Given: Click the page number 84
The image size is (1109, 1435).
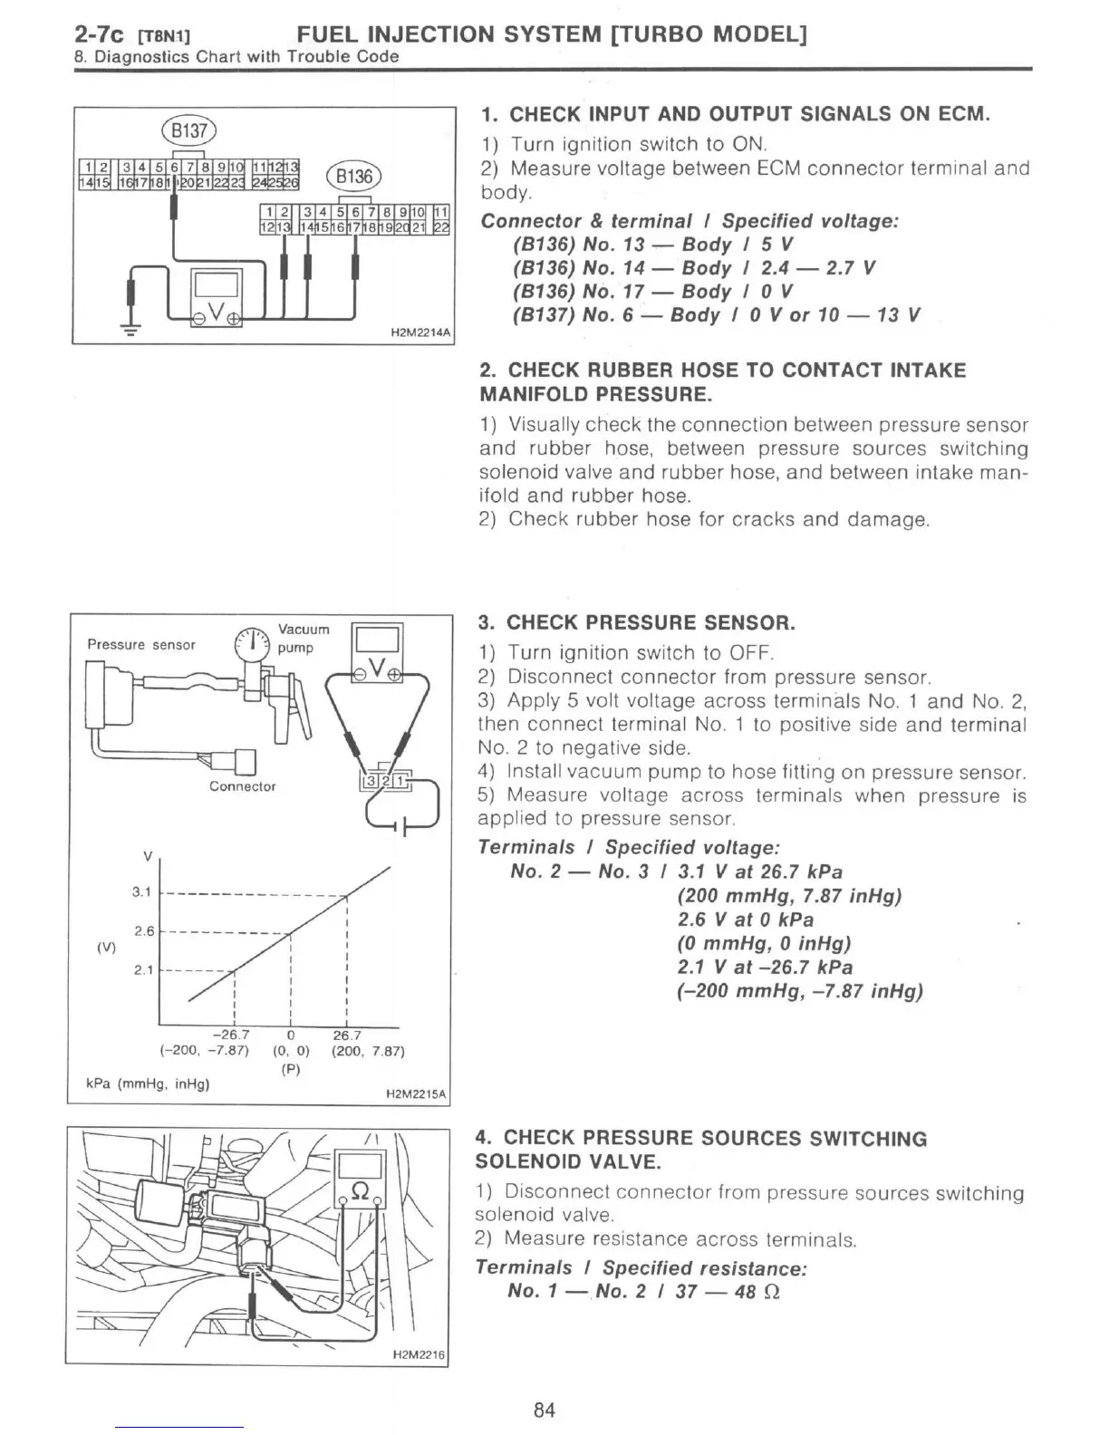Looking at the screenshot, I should tap(544, 1410).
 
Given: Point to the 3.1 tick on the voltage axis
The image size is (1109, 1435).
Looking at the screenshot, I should tap(141, 891).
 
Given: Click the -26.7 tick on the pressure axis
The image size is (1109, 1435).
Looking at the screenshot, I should tap(230, 1035).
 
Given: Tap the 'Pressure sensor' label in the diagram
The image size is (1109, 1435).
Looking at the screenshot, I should tap(140, 645).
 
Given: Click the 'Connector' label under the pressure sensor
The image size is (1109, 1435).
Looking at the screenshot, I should tap(242, 786).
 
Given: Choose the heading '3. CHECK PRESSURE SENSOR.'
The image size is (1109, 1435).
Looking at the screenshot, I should tap(637, 622).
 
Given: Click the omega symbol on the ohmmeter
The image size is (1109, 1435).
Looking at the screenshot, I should tap(360, 1193).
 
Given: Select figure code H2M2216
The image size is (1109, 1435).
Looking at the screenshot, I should tap(419, 1355).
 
